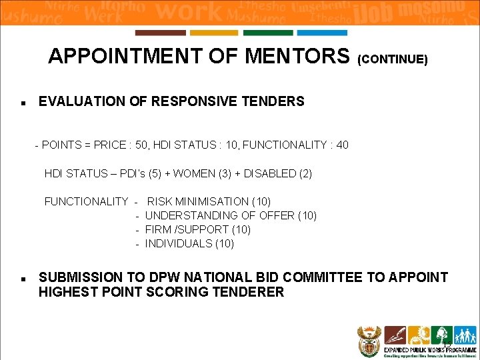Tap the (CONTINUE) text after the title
pos(393,59)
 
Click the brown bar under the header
pos(160,33)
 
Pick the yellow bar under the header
pos(214,33)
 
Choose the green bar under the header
pos(268,33)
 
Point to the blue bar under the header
pos(322,33)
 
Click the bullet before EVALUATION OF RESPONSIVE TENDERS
pos(23,103)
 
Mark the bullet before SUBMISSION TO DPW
pos(23,278)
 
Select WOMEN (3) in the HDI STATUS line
pos(198,173)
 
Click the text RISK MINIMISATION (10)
pos(209,201)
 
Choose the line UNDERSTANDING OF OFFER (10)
pos(231,215)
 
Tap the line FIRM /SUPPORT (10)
pos(198,229)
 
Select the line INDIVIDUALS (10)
pos(189,243)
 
